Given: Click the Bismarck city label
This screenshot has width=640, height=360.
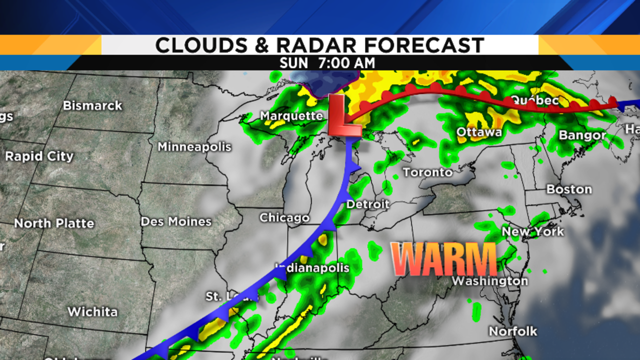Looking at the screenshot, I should click(92, 105).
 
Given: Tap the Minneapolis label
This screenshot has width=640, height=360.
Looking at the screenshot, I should click(194, 146).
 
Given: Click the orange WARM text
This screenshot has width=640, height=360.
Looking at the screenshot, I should click(443, 259).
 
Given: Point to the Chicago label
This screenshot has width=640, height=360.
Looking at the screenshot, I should click(284, 218).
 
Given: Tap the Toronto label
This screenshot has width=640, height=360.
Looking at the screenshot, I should click(427, 172).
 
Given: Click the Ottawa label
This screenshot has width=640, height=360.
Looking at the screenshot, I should click(479, 132).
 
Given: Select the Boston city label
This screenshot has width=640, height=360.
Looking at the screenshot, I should click(569, 189).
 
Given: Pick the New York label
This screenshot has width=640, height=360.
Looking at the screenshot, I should click(532, 231).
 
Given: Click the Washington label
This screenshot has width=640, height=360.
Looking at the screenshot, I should click(489, 281).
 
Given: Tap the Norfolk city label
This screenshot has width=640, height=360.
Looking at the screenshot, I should click(513, 331).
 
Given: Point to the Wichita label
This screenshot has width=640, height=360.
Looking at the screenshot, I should click(92, 311).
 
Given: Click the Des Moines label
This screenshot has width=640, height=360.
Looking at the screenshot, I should click(176, 221).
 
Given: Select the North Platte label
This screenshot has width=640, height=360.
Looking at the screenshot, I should click(54, 223).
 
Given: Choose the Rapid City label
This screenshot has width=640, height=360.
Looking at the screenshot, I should click(39, 156).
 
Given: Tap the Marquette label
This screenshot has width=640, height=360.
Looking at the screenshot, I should click(291, 116).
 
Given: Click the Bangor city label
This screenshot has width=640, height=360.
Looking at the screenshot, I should click(582, 135).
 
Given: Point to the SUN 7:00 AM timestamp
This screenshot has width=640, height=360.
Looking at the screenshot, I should click(327, 63).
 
